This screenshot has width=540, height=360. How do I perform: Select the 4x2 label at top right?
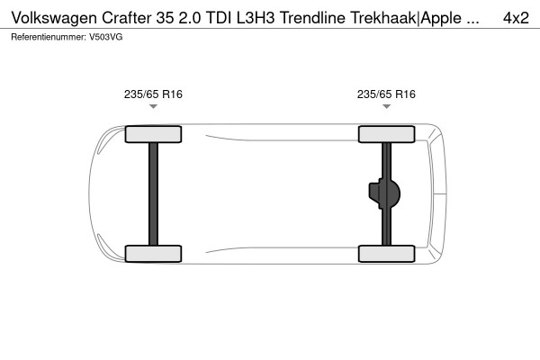[515, 17]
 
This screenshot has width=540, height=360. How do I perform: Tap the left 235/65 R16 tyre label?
[153, 94]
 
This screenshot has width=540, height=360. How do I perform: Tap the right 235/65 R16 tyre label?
[386, 94]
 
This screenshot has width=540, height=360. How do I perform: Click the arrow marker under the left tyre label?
[153, 107]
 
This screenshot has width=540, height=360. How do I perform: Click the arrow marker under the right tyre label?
[386, 107]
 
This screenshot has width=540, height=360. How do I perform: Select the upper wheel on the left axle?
[153, 134]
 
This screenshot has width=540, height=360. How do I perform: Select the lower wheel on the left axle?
[153, 253]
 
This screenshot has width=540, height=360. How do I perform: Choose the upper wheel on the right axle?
[386, 134]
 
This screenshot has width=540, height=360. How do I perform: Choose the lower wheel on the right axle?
[386, 253]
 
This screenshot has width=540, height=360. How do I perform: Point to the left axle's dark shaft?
[153, 193]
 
